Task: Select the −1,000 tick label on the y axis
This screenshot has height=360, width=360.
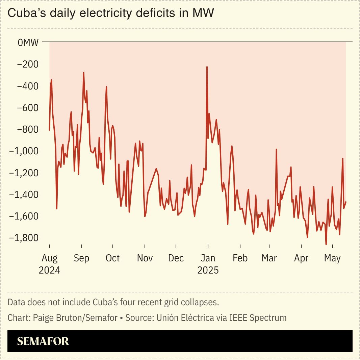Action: (x=24, y=151)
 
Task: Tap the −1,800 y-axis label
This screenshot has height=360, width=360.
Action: (x=24, y=238)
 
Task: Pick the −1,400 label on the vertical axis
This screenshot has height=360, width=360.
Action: (x=24, y=195)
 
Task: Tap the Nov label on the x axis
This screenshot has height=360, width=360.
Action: (x=145, y=258)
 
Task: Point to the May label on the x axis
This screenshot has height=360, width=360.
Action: (x=332, y=258)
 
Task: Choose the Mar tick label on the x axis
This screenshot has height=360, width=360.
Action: (x=269, y=258)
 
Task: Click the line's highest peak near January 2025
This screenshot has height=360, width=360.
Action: (x=207, y=67)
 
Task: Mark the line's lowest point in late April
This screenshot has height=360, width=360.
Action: (x=326, y=244)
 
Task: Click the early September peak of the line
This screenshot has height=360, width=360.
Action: (x=83, y=73)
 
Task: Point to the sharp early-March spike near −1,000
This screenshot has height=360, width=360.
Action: (x=276, y=149)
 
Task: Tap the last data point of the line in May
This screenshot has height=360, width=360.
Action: (x=346, y=202)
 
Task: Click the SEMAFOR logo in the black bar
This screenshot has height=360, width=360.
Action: (x=43, y=341)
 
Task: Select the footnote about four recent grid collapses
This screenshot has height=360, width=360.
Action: (x=113, y=302)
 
